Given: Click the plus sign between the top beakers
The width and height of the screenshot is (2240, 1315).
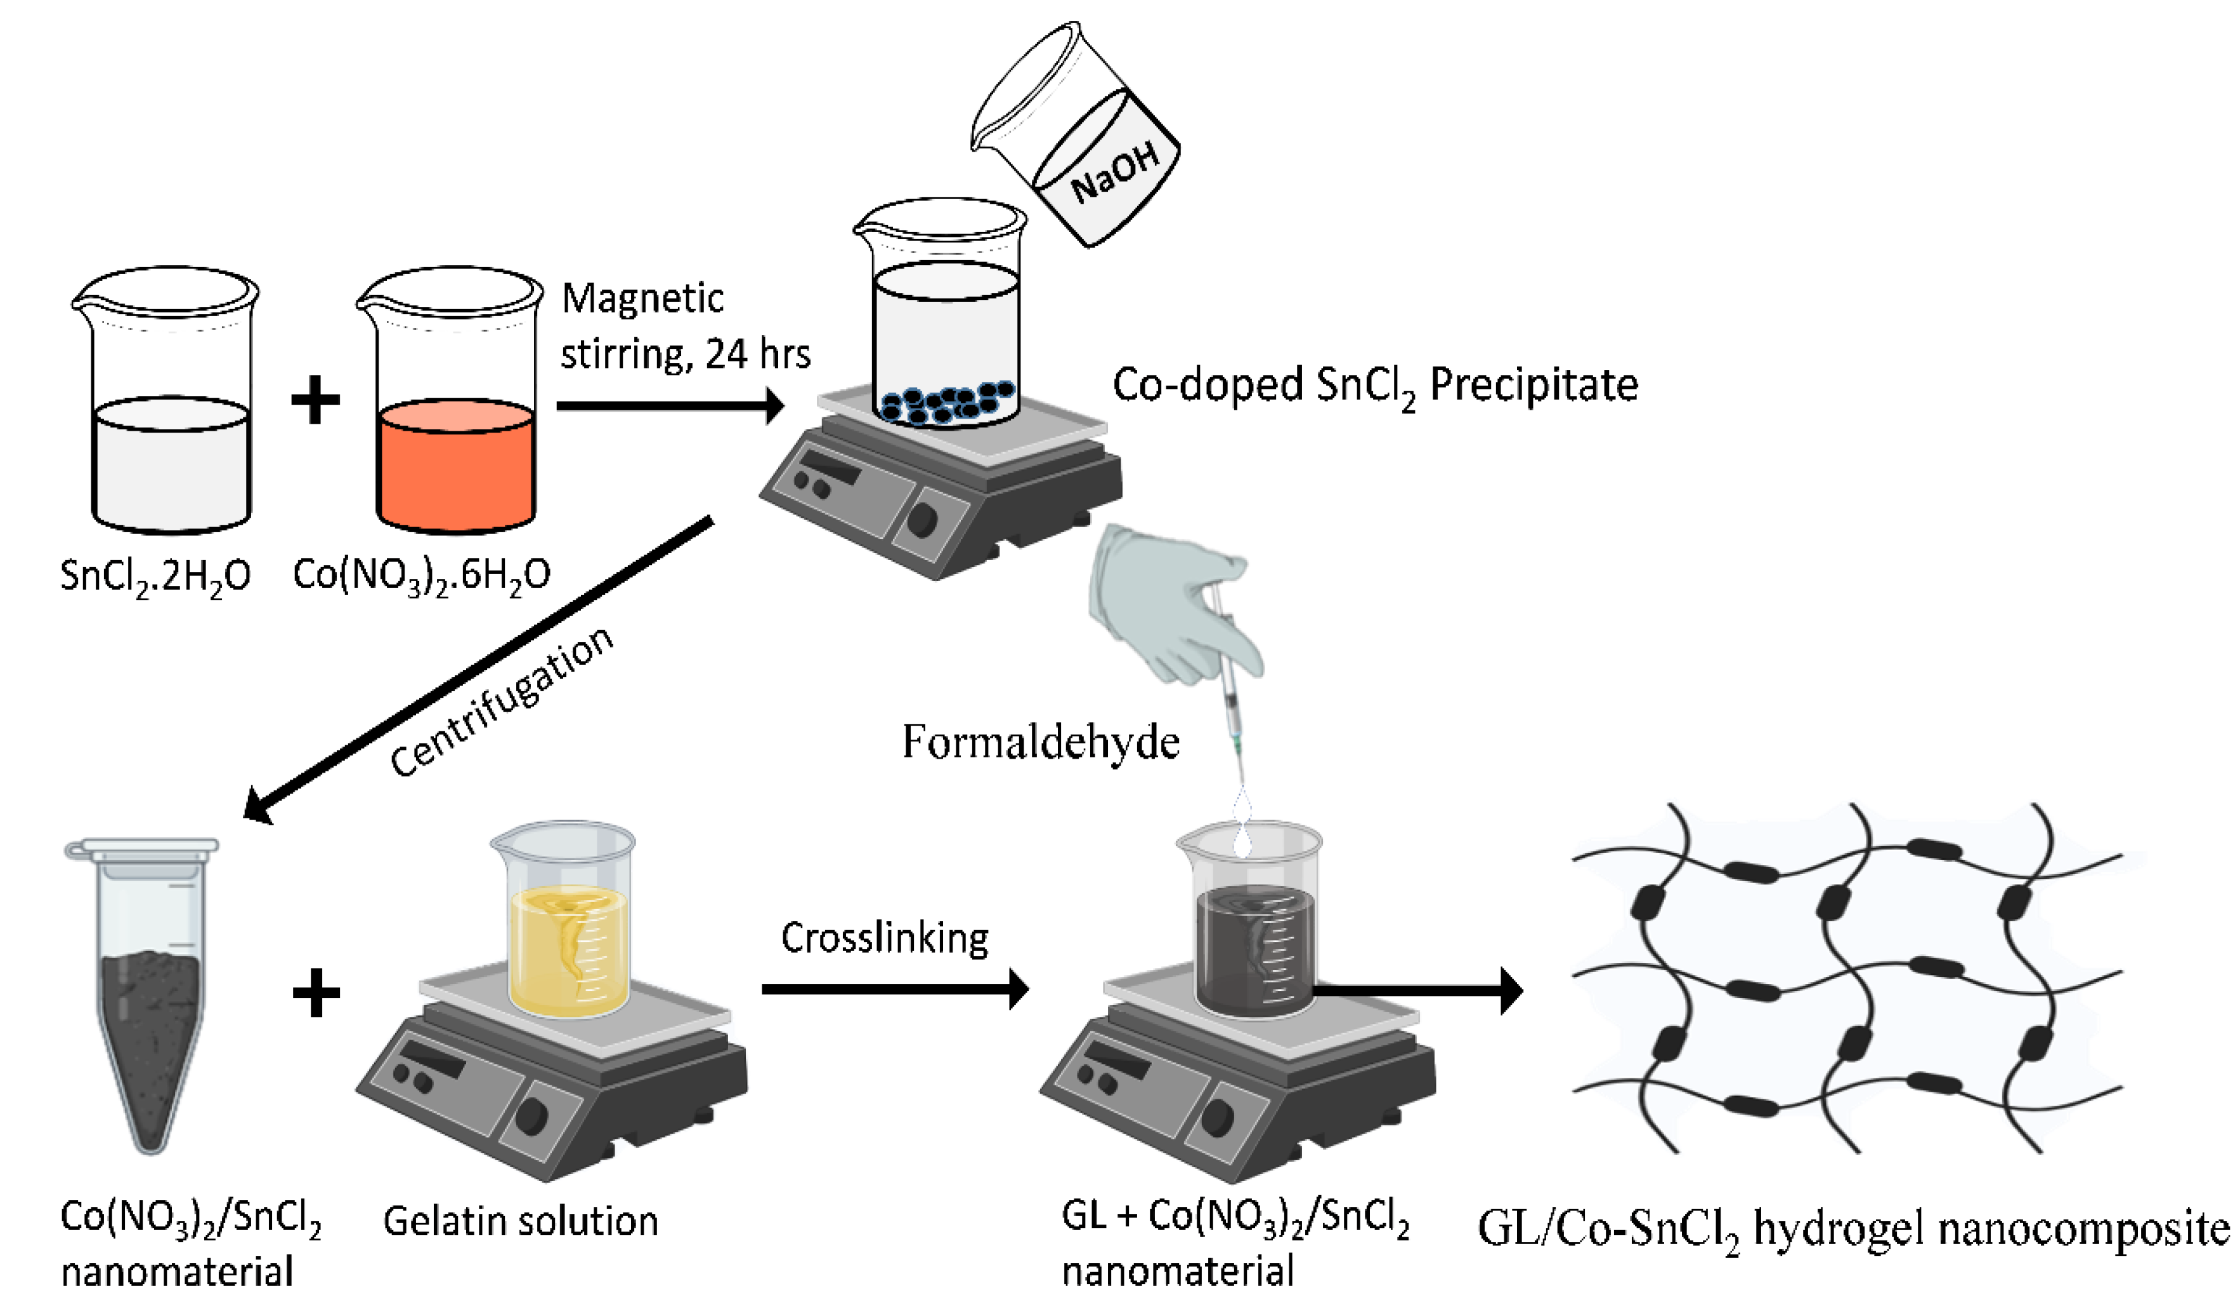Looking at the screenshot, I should click(316, 400).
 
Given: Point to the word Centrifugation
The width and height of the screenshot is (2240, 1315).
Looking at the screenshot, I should click(502, 702).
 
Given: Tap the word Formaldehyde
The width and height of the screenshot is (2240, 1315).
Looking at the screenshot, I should click(1040, 742).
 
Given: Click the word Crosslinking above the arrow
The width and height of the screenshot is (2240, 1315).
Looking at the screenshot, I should click(885, 938).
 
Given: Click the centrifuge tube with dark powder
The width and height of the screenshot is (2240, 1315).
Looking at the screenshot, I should click(149, 996).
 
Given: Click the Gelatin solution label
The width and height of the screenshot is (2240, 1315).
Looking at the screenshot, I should click(521, 1222).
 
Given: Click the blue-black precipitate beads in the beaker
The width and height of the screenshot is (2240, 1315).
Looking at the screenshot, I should click(947, 403).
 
